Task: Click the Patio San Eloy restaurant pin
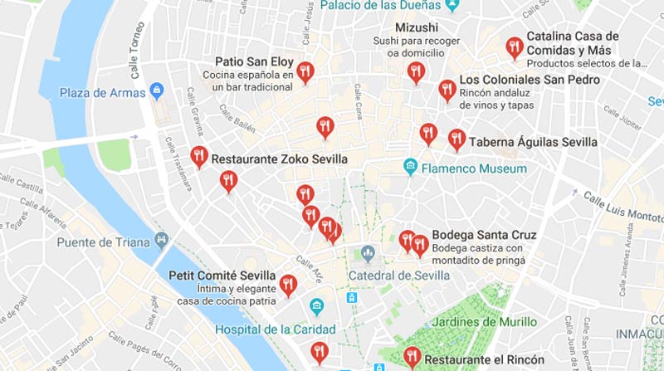point(305,72)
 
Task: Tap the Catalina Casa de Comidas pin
point(515,46)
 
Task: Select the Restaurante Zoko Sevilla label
point(278,159)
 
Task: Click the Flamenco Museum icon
point(410,168)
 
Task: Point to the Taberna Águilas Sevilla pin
point(456,139)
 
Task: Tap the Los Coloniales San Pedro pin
point(447,89)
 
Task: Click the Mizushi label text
point(416,27)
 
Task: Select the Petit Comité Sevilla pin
point(288,285)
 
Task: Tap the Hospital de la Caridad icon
point(316,308)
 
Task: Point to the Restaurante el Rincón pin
point(412,357)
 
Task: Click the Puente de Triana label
point(104,242)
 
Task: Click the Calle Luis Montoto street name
point(622,207)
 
